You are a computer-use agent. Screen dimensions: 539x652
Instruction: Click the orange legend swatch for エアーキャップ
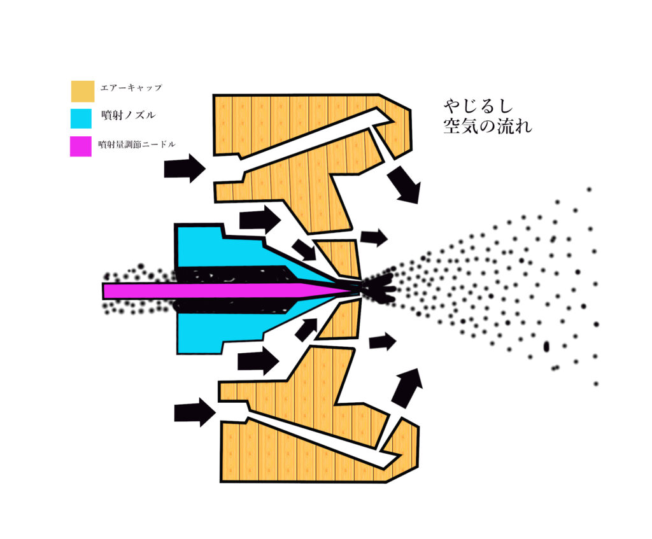tap(82, 91)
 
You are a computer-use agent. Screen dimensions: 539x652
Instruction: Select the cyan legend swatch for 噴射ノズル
tap(82, 118)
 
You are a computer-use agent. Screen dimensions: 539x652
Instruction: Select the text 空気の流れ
tap(487, 126)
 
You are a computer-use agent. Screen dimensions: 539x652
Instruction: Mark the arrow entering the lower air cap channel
tap(195, 412)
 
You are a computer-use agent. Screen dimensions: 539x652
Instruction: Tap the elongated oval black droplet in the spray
tap(546, 346)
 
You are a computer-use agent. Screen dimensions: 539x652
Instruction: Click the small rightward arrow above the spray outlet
tap(374, 238)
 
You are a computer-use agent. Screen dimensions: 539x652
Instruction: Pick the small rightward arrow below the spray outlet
tap(382, 342)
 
